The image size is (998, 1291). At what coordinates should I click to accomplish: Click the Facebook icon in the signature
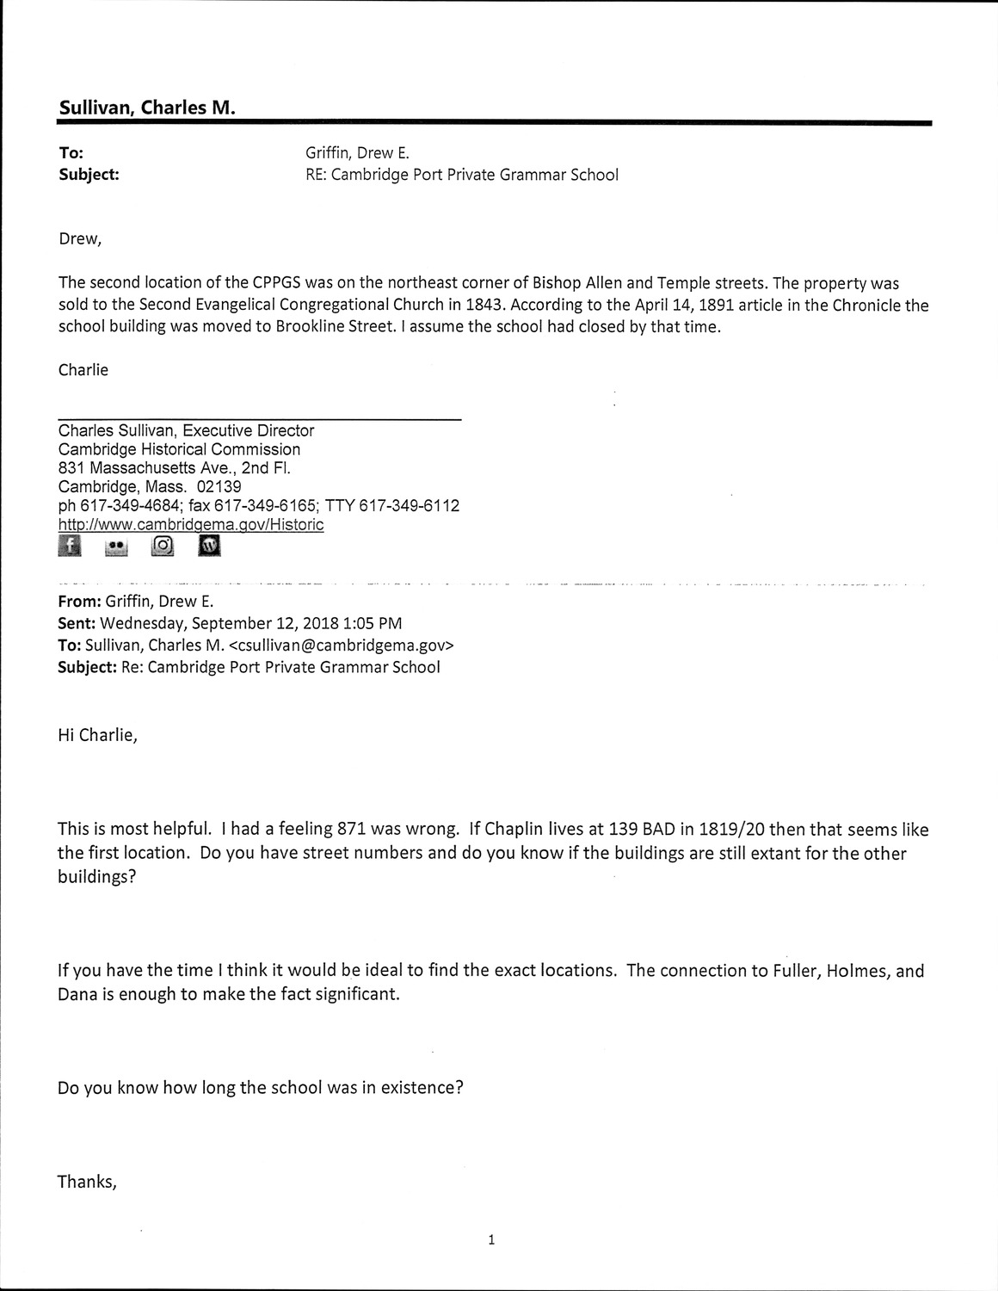(x=70, y=546)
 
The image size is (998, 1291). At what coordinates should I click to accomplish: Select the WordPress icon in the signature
(x=209, y=546)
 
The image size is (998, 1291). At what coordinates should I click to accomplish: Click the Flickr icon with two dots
(x=115, y=547)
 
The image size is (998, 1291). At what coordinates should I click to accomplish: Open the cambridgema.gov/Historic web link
(x=191, y=524)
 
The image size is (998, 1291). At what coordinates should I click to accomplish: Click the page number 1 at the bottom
(x=491, y=1239)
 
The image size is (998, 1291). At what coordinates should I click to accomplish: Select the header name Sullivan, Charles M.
(x=147, y=108)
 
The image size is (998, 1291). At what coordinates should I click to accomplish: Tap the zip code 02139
(x=219, y=486)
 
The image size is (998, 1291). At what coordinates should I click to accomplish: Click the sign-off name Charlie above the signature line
(x=83, y=370)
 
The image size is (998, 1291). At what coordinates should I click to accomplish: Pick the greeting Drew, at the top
(x=80, y=238)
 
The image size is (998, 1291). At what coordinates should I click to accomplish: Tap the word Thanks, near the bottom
(x=87, y=1181)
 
